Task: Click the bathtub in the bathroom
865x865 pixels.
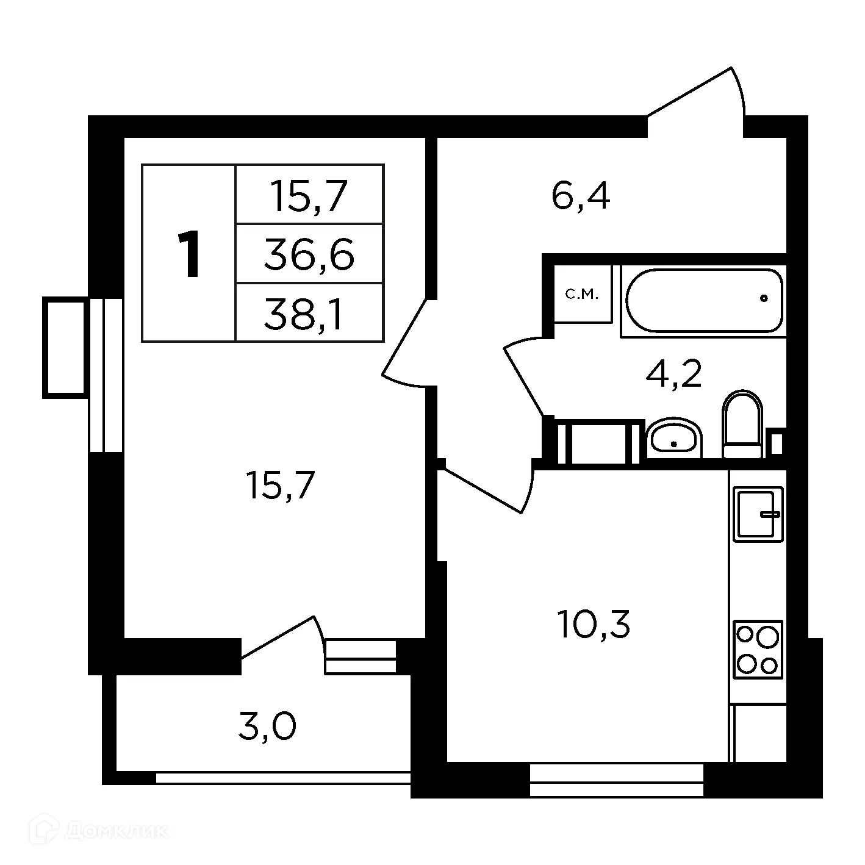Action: coord(703,300)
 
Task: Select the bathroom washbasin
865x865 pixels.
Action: coord(673,437)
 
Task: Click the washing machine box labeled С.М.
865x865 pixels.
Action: coord(582,295)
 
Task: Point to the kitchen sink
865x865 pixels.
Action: coord(758,514)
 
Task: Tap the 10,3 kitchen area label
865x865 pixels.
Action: coord(593,625)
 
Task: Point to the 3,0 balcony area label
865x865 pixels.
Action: coord(267,727)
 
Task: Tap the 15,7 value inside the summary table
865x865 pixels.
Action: coord(309,196)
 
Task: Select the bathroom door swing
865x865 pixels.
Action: coord(523,378)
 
